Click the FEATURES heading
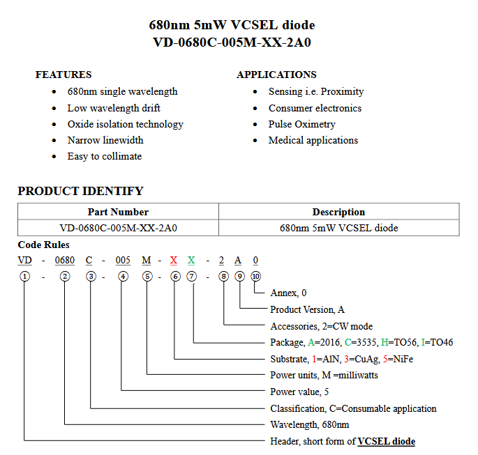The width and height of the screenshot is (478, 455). (64, 75)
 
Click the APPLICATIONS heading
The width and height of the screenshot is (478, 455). (276, 75)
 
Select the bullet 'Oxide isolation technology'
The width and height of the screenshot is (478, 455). (125, 124)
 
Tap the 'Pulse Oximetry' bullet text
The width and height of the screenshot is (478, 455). (301, 124)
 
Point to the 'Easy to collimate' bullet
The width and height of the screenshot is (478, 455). (104, 156)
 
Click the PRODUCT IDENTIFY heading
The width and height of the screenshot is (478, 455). (80, 191)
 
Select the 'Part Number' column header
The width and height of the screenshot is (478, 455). (118, 212)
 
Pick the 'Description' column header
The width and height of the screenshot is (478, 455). (338, 212)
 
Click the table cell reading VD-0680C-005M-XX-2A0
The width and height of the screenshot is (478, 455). (118, 228)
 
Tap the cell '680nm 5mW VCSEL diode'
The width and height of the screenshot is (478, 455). (338, 228)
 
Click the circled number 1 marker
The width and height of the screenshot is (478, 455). (25, 276)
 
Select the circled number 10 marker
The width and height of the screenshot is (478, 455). (256, 276)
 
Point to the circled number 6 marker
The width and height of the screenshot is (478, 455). (174, 276)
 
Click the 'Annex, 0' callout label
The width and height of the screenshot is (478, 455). (288, 293)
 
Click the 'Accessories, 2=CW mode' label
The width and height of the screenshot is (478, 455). (321, 326)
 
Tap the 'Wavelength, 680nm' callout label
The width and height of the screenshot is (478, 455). (309, 424)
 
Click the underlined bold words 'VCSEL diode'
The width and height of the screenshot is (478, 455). (386, 441)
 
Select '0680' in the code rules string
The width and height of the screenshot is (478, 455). (65, 260)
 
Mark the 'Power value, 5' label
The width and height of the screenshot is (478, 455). (299, 392)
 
